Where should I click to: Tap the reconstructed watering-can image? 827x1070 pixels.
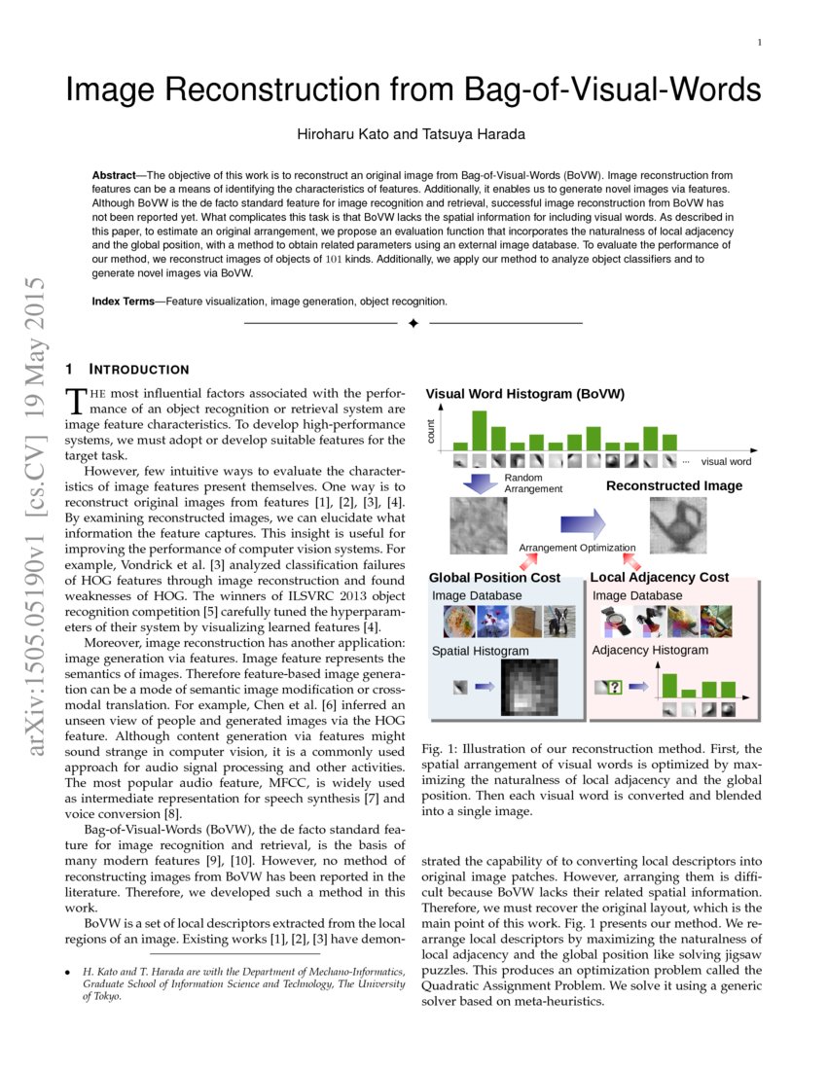pyautogui.click(x=678, y=525)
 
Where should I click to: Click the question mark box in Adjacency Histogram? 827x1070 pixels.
pyautogui.click(x=613, y=687)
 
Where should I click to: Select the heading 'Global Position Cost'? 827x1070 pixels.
pyautogui.click(x=494, y=577)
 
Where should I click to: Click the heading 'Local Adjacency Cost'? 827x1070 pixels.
pyautogui.click(x=659, y=577)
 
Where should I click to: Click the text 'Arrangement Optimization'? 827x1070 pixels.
pyautogui.click(x=577, y=548)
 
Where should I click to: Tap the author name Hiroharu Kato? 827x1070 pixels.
pyautogui.click(x=340, y=132)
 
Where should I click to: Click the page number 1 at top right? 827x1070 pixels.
pyautogui.click(x=759, y=42)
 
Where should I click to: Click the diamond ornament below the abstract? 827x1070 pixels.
pyautogui.click(x=413, y=323)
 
